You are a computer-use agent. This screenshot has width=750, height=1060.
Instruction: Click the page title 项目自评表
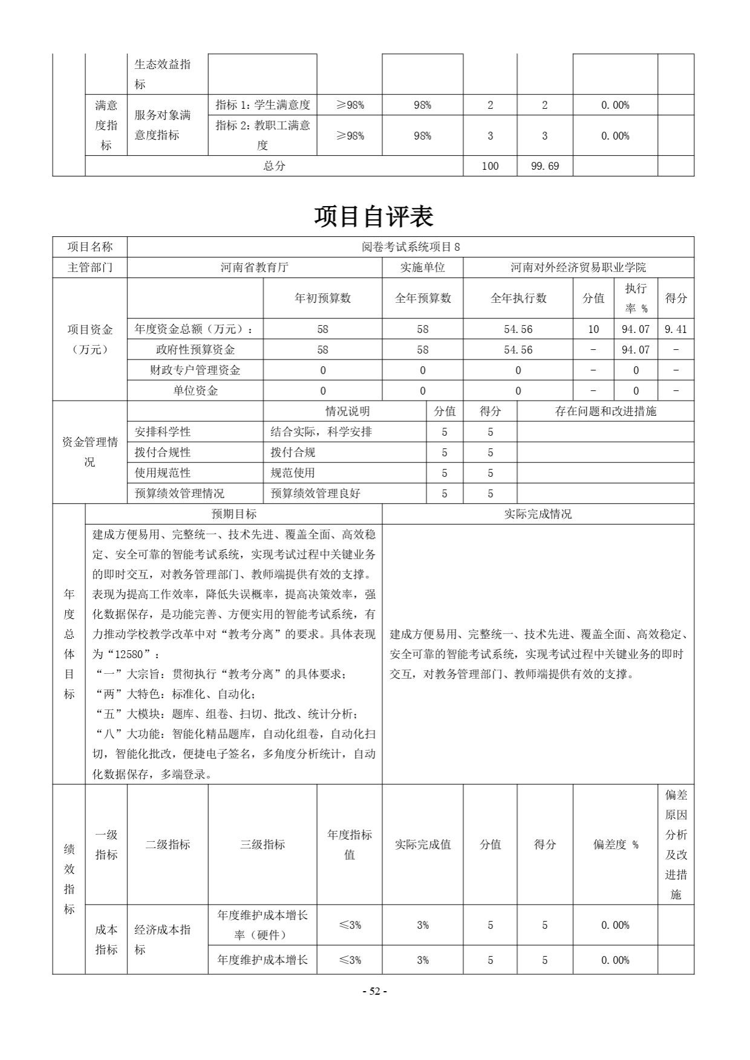click(x=374, y=216)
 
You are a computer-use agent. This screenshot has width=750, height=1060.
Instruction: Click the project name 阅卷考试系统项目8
click(x=411, y=247)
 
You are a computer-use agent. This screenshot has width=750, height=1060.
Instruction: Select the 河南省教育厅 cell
click(x=254, y=267)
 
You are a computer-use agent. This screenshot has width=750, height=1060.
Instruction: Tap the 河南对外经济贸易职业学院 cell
click(x=578, y=267)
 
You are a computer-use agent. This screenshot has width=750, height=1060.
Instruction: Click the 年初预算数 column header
click(x=322, y=298)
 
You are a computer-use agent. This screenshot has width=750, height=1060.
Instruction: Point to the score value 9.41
click(x=675, y=329)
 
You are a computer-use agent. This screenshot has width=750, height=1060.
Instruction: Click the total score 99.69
click(x=544, y=166)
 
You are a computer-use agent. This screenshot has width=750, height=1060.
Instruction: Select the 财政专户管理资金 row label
click(x=195, y=370)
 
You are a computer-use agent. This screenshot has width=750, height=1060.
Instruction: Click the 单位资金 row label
click(x=195, y=390)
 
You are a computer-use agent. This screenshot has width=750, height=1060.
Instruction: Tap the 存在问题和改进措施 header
click(x=605, y=412)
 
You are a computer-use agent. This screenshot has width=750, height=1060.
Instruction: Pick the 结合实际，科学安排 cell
click(x=321, y=432)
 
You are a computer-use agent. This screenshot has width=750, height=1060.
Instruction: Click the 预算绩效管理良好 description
click(x=315, y=494)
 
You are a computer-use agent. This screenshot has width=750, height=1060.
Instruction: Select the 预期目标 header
click(x=233, y=514)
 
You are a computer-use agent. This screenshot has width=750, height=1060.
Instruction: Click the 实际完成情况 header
click(x=538, y=514)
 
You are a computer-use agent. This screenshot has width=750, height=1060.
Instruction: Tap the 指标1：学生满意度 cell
click(x=262, y=105)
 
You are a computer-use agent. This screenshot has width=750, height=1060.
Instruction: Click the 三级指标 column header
click(x=262, y=845)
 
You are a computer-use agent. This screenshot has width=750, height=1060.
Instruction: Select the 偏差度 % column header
click(x=615, y=845)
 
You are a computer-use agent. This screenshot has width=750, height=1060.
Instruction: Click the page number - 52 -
click(x=374, y=991)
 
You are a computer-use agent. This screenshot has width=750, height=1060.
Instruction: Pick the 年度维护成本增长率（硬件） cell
click(x=262, y=925)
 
